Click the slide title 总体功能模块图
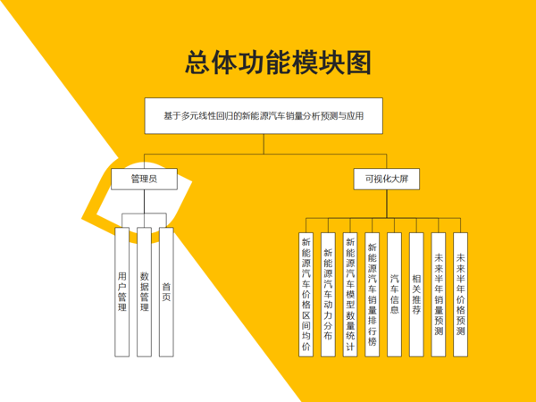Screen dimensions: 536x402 pyautogui.click(x=278, y=63)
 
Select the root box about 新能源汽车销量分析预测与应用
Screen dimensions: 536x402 pyautogui.click(x=264, y=116)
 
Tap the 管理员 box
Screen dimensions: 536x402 pyautogui.click(x=144, y=179)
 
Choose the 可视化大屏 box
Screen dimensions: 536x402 pyautogui.click(x=387, y=179)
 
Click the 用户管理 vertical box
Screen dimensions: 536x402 pyautogui.click(x=122, y=292)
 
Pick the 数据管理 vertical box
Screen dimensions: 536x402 pyautogui.click(x=144, y=292)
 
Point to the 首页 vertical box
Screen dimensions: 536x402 pyautogui.click(x=166, y=292)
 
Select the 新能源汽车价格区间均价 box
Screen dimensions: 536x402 pyautogui.click(x=306, y=295)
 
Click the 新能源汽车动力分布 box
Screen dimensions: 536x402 pyautogui.click(x=328, y=295)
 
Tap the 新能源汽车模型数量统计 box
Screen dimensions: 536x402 pyautogui.click(x=350, y=295)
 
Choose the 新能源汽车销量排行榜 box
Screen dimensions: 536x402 pyautogui.click(x=373, y=295)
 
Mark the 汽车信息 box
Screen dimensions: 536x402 pyautogui.click(x=395, y=295)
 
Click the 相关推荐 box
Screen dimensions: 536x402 pyautogui.click(x=416, y=295)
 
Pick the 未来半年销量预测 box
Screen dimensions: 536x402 pyautogui.click(x=439, y=295)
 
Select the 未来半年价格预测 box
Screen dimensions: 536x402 pyautogui.click(x=460, y=295)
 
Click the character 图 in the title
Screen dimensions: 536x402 pyautogui.click(x=358, y=63)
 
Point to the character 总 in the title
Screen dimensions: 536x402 pyautogui.click(x=197, y=63)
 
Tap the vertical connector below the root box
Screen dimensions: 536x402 pyautogui.click(x=264, y=144)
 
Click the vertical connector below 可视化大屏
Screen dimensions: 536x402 pyautogui.click(x=387, y=204)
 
